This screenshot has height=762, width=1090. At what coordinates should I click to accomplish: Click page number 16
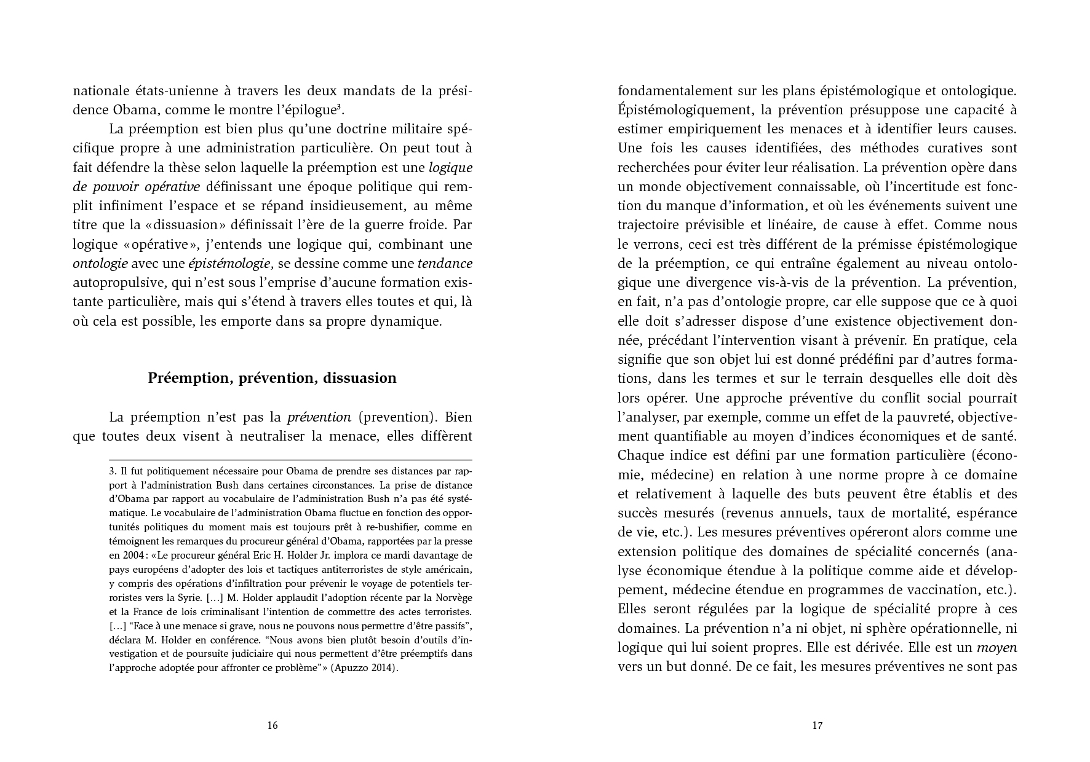[x=272, y=725]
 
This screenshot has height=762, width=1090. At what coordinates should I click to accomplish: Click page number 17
[x=817, y=725]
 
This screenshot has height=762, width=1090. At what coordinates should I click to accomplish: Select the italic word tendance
[x=445, y=264]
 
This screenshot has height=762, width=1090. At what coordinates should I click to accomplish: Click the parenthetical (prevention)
[x=397, y=417]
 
